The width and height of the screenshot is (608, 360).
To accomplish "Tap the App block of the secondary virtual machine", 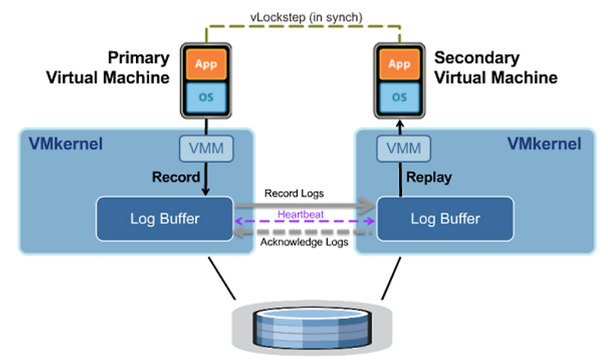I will [x=399, y=65].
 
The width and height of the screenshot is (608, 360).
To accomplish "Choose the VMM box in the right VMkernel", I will [x=400, y=147].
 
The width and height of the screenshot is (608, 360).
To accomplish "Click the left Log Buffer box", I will [x=164, y=219].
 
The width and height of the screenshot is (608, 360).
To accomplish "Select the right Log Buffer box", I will [x=445, y=219].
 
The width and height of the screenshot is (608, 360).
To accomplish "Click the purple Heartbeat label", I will [x=302, y=215].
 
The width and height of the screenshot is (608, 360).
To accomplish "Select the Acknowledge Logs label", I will [x=302, y=242].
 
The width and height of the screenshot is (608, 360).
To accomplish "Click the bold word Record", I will [x=176, y=177].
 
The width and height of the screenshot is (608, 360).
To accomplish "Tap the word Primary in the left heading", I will [x=138, y=58].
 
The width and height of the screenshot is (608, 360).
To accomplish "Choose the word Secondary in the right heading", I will [x=477, y=58].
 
